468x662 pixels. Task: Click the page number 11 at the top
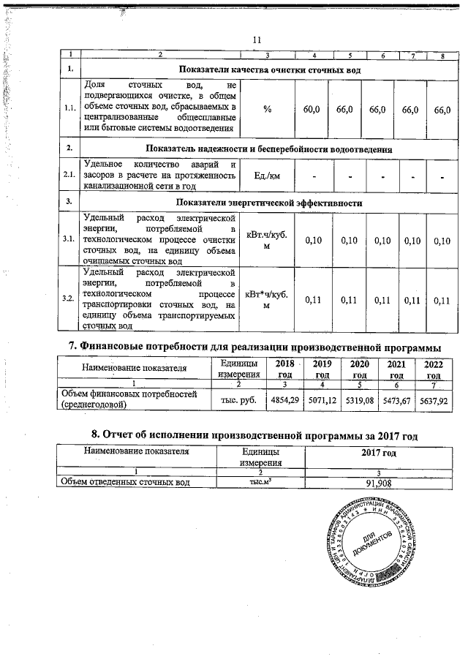256,40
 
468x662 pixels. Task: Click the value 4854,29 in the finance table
285,399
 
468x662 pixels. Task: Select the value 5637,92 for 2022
434,399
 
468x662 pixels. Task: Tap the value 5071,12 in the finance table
322,399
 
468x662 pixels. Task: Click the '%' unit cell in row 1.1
268,109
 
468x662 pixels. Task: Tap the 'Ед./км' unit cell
268,176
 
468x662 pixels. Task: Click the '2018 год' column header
285,369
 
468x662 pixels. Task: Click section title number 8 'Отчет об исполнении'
249,436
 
